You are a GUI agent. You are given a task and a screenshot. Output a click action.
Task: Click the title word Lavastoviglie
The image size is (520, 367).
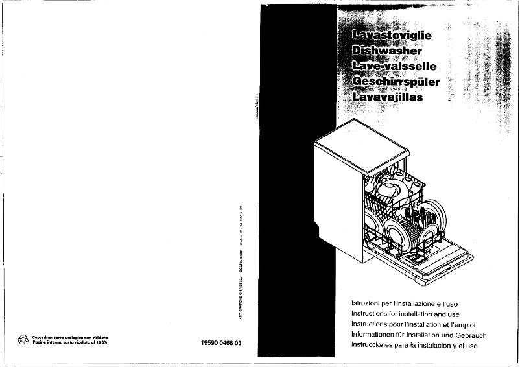click(390, 35)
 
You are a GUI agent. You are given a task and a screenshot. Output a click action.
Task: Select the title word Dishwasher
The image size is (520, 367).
click(386, 51)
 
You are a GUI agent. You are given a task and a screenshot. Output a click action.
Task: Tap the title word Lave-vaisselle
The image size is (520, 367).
click(393, 66)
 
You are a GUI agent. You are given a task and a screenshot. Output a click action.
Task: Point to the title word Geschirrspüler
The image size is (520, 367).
click(395, 82)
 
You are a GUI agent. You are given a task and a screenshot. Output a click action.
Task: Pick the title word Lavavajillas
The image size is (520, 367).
click(386, 97)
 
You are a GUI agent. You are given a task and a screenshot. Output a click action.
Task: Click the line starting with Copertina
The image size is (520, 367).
click(69, 337)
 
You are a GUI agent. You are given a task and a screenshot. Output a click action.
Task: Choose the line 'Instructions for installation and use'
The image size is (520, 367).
click(408, 314)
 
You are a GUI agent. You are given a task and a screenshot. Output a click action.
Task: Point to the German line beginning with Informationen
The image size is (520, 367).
click(418, 335)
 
